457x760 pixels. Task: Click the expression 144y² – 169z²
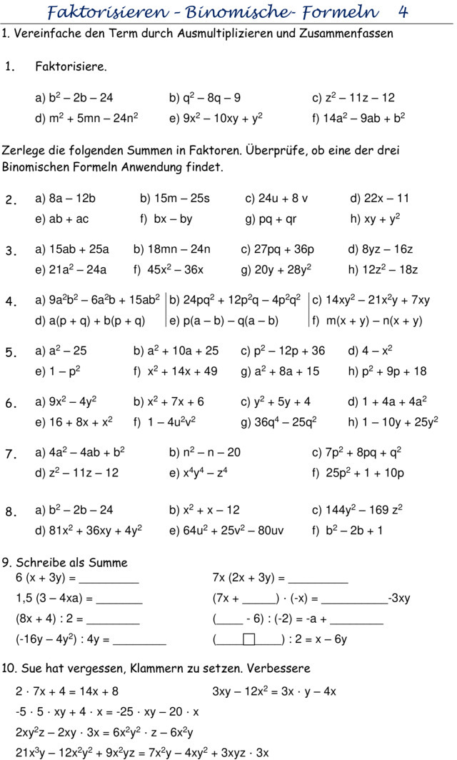[x=363, y=510]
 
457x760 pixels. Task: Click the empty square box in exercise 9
[x=248, y=639]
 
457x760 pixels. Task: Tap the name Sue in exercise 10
[x=26, y=669]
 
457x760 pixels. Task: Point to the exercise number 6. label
[x=11, y=403]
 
